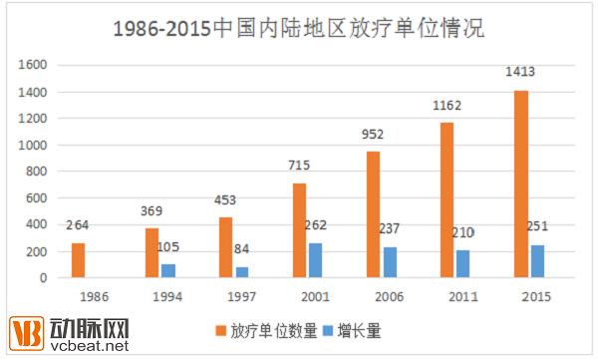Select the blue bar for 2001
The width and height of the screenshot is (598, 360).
pos(316,260)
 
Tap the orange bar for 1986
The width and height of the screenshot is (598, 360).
pos(79,260)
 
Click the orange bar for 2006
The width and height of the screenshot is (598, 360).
pos(373,214)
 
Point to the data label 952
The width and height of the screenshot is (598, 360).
pos(373,133)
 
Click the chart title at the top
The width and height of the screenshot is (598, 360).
pos(298,28)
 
